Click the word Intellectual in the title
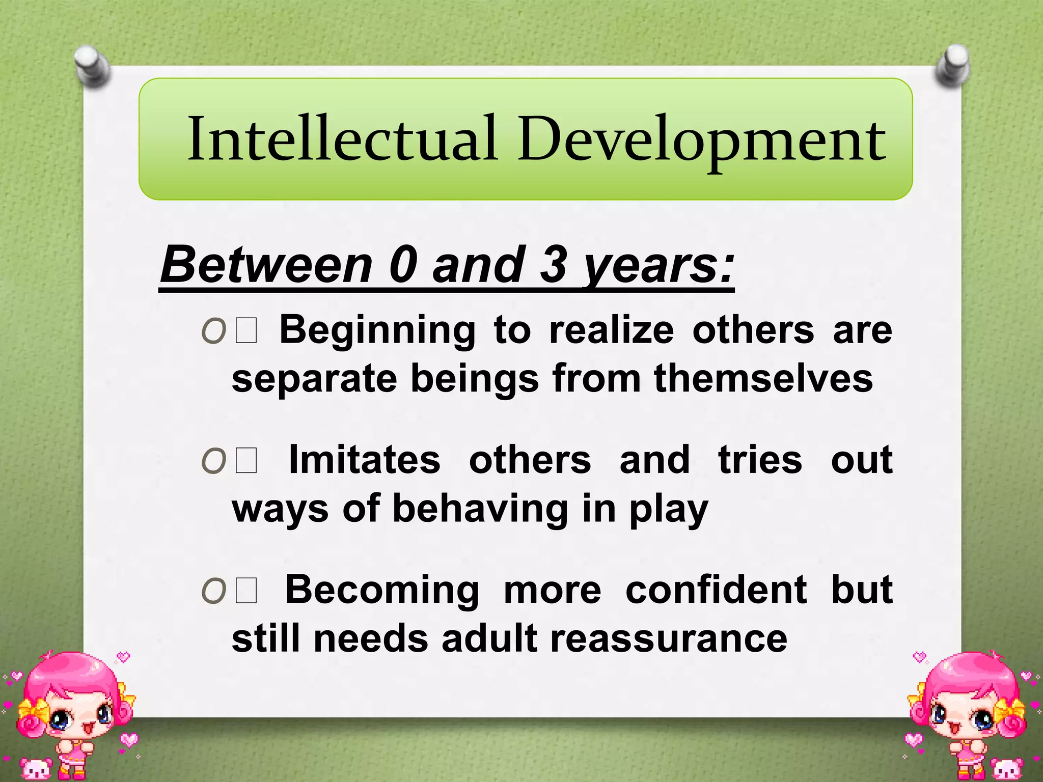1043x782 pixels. (342, 138)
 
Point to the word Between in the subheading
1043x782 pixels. (266, 265)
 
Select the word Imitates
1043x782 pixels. (364, 459)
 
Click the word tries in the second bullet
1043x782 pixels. (760, 459)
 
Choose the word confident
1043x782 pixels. (716, 590)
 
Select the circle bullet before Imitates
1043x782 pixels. (213, 462)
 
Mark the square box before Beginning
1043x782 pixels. (246, 331)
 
